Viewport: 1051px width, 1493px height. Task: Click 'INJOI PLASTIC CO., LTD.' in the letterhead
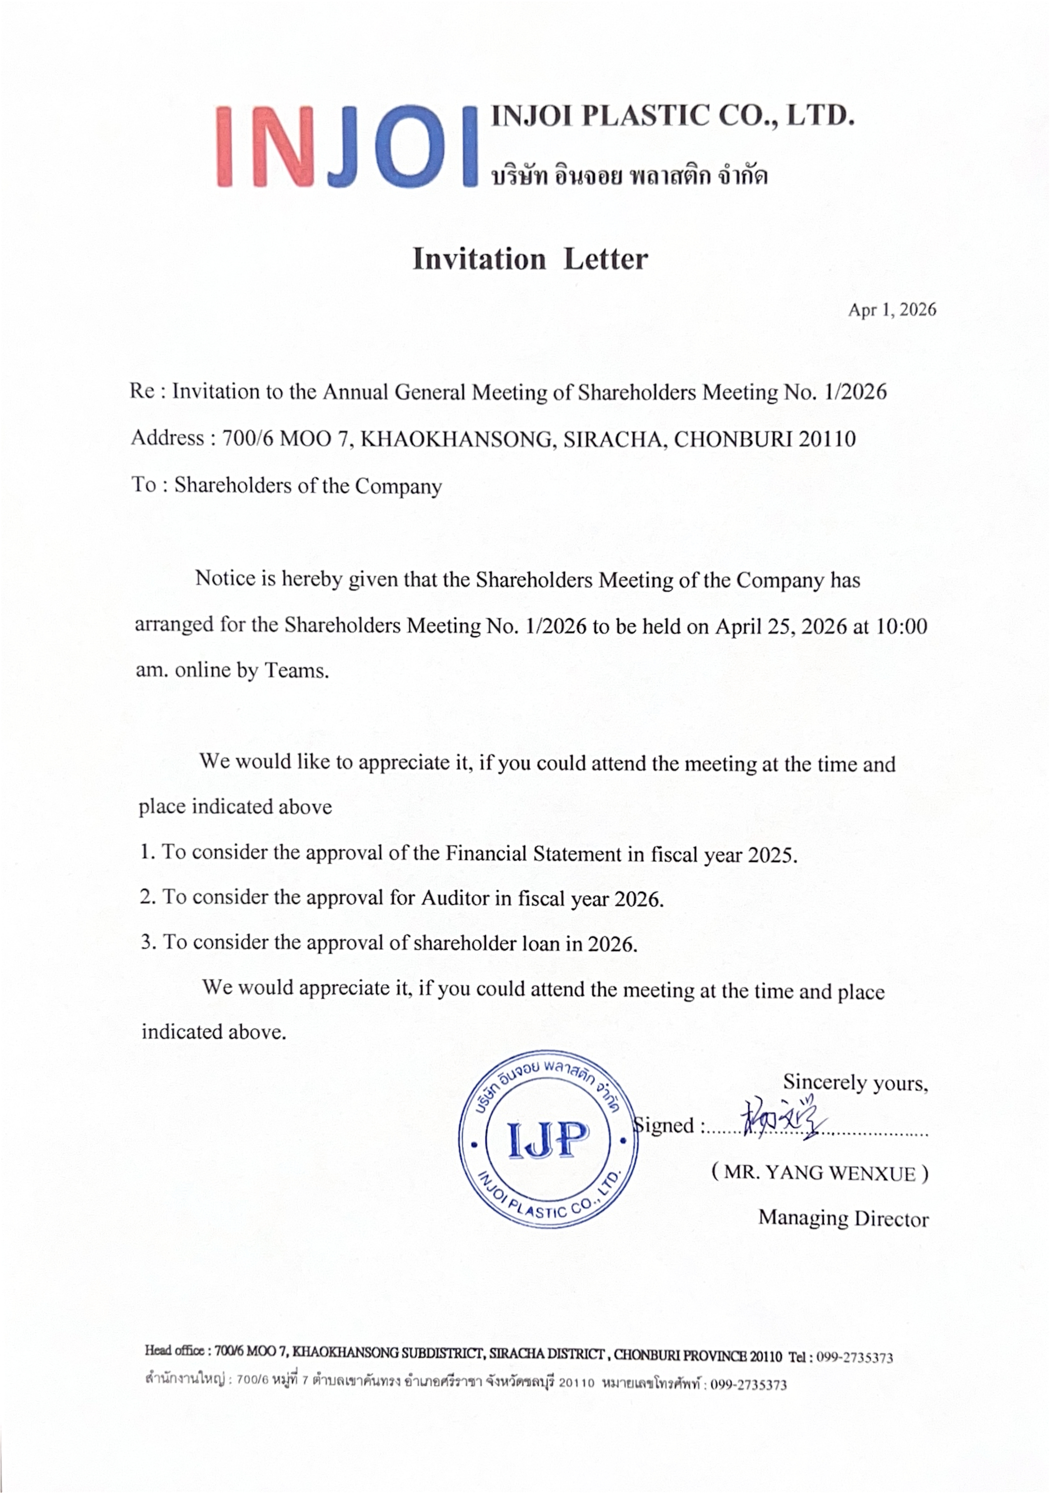(x=672, y=116)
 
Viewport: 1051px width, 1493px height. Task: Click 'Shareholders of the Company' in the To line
(x=308, y=486)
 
